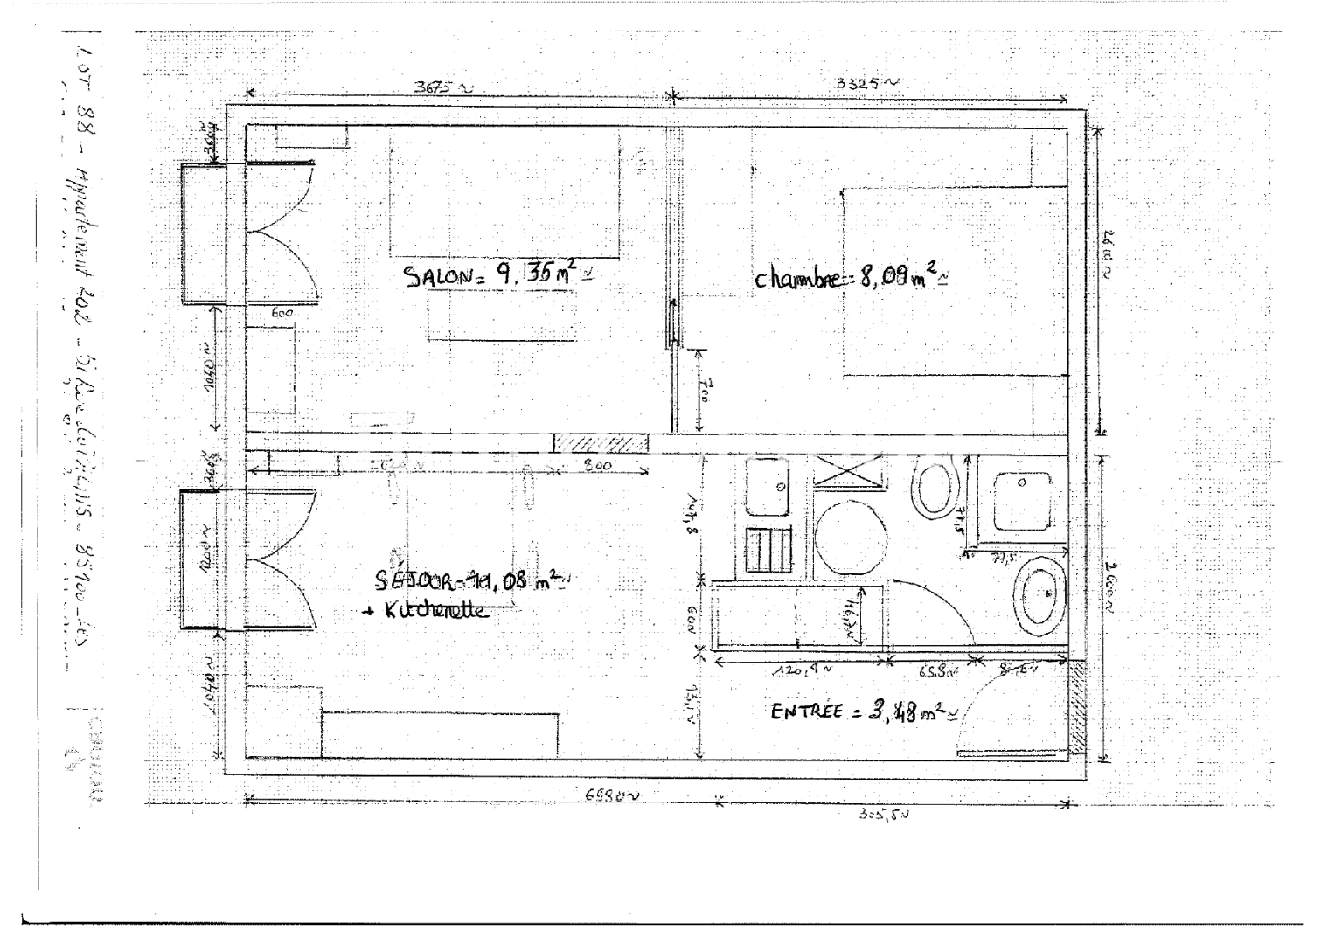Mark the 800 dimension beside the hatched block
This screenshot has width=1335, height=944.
point(598,466)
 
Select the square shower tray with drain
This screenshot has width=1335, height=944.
point(1022,503)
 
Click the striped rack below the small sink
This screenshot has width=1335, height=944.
point(768,551)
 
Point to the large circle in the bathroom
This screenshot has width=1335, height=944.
point(850,536)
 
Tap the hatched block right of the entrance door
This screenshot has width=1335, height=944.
point(1079,707)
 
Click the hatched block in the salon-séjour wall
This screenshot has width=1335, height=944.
point(602,443)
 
